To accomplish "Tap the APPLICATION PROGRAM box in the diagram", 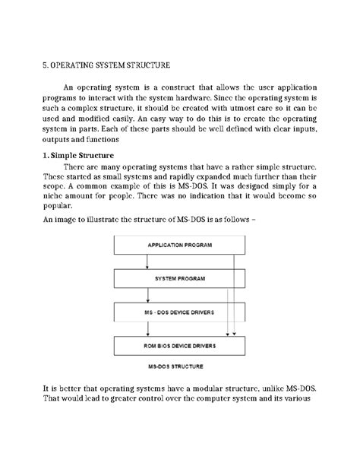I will pyautogui.click(x=179, y=246).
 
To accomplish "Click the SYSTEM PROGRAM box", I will pyautogui.click(x=179, y=279).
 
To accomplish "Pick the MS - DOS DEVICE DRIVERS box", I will pyautogui.click(x=179, y=312).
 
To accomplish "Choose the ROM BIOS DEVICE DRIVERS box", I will pyautogui.click(x=179, y=346).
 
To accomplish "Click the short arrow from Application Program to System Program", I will pyautogui.click(x=147, y=262).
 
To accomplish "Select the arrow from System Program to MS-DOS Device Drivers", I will pyautogui.click(x=147, y=296).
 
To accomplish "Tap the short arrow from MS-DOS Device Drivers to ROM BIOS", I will pyautogui.click(x=147, y=329).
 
